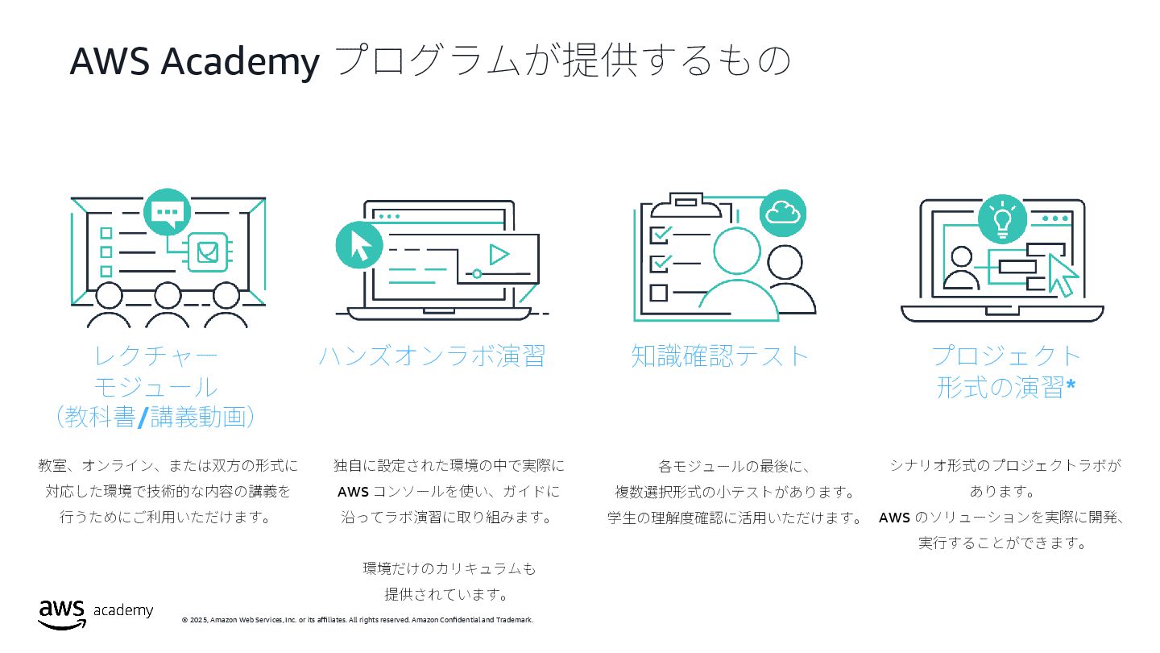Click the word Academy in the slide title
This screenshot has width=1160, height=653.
[x=240, y=61]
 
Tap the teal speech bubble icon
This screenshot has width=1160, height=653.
[x=166, y=211]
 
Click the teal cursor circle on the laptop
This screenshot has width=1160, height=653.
[x=358, y=245]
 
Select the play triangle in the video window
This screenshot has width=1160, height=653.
[x=499, y=255]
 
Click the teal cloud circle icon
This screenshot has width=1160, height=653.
[x=782, y=213]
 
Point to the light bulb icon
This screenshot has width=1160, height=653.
[x=1002, y=219]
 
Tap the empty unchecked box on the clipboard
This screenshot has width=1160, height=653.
[x=659, y=292]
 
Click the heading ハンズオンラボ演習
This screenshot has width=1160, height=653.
[x=433, y=356]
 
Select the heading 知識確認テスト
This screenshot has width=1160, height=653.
[x=720, y=356]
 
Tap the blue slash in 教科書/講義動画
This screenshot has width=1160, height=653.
[x=143, y=417]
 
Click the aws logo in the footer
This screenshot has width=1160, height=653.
[x=61, y=613]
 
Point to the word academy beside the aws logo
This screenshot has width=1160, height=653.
[x=123, y=610]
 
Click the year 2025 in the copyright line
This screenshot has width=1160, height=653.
[x=198, y=620]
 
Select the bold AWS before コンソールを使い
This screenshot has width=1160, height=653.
[x=353, y=492]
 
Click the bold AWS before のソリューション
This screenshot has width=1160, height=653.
[x=894, y=518]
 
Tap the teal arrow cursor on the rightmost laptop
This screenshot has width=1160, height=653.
[x=1063, y=274]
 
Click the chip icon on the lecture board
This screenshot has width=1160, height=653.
[x=208, y=252]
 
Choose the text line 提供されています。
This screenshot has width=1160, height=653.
[x=447, y=595]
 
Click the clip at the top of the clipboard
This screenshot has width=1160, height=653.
[x=686, y=202]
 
